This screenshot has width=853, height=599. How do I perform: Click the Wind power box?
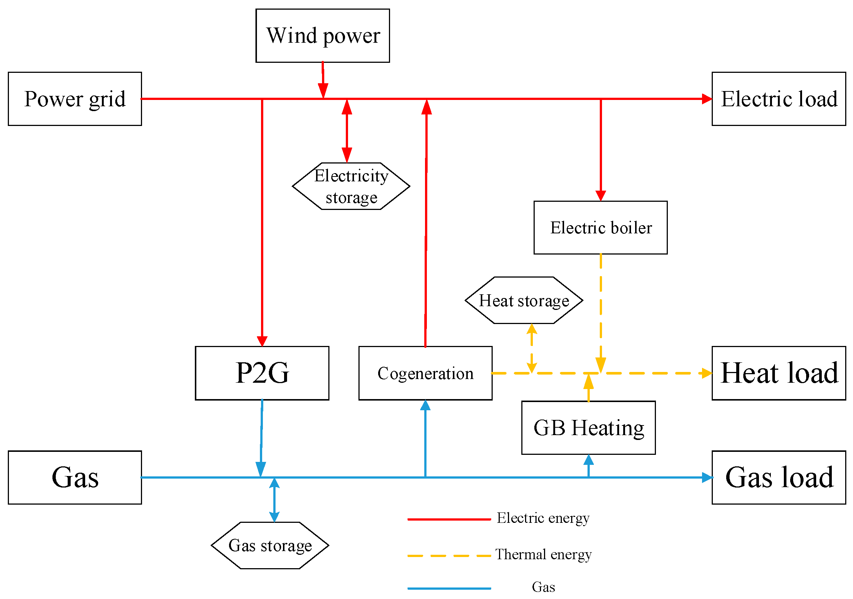click(x=322, y=36)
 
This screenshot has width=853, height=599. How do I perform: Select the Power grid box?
click(x=75, y=99)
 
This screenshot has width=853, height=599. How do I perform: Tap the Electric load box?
click(x=779, y=99)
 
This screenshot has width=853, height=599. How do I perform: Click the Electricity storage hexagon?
click(x=351, y=186)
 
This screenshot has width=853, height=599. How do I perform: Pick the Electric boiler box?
click(x=601, y=228)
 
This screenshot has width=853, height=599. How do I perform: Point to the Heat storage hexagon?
click(x=524, y=300)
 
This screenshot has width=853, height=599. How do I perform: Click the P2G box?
click(x=262, y=373)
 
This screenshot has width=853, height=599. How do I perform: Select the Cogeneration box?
click(x=425, y=373)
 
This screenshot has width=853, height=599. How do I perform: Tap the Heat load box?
click(x=779, y=373)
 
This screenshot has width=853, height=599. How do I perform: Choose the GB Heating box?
click(x=588, y=428)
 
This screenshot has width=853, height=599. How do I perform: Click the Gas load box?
click(x=779, y=477)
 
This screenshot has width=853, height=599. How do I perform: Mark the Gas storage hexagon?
click(x=270, y=545)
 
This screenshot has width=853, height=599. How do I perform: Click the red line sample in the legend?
click(x=449, y=519)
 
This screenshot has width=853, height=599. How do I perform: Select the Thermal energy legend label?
click(x=543, y=554)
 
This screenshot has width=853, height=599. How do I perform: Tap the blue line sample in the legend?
click(x=449, y=589)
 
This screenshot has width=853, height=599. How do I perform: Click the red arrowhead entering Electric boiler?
click(x=601, y=195)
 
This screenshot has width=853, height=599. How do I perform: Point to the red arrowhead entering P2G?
click(x=262, y=341)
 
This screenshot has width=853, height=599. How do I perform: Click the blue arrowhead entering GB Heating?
click(x=588, y=460)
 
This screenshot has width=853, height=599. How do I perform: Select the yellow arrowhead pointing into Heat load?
click(x=706, y=373)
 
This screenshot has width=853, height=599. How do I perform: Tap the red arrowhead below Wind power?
click(x=323, y=91)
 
